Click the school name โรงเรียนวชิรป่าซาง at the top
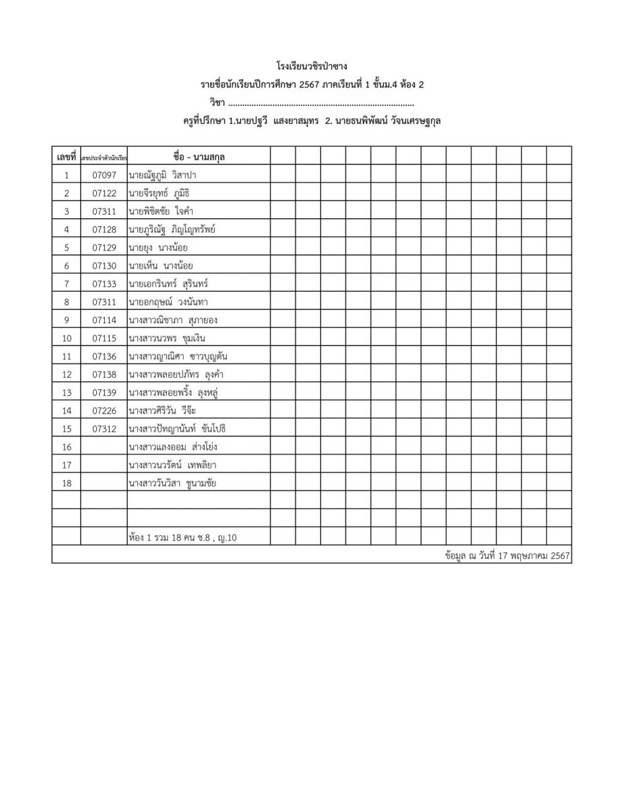[312, 67]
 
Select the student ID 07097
[104, 175]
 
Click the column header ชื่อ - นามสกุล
[199, 157]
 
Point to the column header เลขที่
[66, 157]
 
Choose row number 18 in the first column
[66, 483]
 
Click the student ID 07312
[104, 428]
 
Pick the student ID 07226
[104, 410]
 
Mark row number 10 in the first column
[66, 338]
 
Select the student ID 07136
[104, 356]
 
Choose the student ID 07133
[104, 283]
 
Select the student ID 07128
[104, 230]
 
